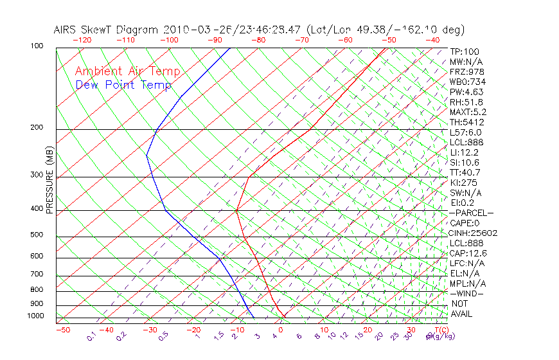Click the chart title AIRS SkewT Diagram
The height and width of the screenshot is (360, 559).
pyautogui.click(x=107, y=30)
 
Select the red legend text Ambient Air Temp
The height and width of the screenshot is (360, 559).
pyautogui.click(x=128, y=71)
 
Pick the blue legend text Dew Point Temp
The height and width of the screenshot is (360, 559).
pyautogui.click(x=123, y=85)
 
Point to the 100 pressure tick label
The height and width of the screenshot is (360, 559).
pyautogui.click(x=37, y=46)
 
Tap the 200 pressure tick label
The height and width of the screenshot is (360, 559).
pyautogui.click(x=37, y=128)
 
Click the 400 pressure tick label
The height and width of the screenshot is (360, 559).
pyautogui.click(x=37, y=209)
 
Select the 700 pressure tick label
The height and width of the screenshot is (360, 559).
pyautogui.click(x=37, y=275)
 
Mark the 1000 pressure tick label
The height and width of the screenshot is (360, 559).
pyautogui.click(x=35, y=316)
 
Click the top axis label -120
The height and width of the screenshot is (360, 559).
pyautogui.click(x=82, y=40)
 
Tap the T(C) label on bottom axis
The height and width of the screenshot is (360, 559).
pyautogui.click(x=439, y=330)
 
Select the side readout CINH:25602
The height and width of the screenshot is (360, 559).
pyautogui.click(x=474, y=233)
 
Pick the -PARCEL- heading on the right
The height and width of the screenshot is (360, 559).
pyautogui.click(x=471, y=213)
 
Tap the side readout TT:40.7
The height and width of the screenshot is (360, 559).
pyautogui.click(x=466, y=172)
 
